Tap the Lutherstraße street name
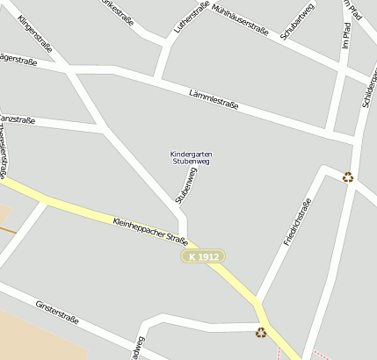tap(192, 18)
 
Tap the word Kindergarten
tap(191, 155)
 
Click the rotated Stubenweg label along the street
tap(185, 184)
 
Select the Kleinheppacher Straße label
tap(150, 232)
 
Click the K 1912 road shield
tap(202, 256)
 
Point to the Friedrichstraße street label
tap(298, 221)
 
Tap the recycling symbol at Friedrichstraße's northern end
tap(348, 176)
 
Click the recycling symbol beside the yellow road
tap(260, 332)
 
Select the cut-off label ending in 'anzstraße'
tap(18, 119)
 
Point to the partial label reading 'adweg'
tap(138, 348)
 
